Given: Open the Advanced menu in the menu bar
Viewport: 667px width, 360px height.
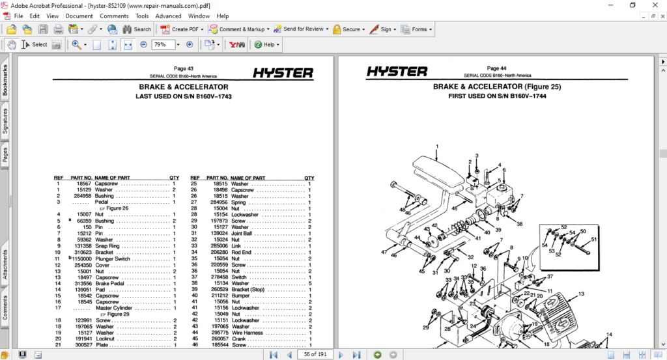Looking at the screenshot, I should click(168, 16).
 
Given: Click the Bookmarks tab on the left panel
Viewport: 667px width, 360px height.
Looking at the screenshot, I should click(5, 81).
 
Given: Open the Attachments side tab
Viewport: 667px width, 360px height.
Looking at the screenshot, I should click(5, 264).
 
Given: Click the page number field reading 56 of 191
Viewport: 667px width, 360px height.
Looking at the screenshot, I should click(315, 354).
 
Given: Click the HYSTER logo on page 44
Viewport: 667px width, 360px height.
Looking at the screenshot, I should click(397, 72).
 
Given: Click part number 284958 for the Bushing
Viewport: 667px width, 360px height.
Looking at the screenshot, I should click(82, 196).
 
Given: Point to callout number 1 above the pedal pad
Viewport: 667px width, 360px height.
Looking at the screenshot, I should click(437, 146).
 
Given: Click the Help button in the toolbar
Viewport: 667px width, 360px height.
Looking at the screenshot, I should click(267, 45).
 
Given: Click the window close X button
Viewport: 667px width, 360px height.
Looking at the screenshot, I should click(653, 5).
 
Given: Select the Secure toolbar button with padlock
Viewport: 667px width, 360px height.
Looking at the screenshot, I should click(347, 29).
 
